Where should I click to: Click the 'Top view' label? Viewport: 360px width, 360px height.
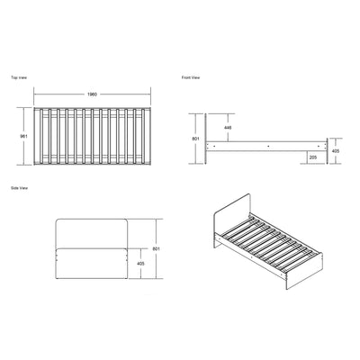(x=19, y=77)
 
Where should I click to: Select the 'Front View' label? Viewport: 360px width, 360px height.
(x=191, y=77)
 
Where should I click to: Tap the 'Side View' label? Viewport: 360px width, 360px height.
(x=20, y=188)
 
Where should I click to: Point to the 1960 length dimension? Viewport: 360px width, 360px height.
(x=92, y=94)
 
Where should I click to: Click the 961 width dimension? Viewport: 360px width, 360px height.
(x=23, y=136)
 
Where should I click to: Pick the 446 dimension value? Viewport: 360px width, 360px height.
(x=228, y=128)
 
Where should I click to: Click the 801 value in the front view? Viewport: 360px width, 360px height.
(x=195, y=139)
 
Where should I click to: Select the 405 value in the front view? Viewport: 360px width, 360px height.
(x=336, y=151)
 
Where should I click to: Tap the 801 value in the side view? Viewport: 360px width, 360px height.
(x=156, y=248)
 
